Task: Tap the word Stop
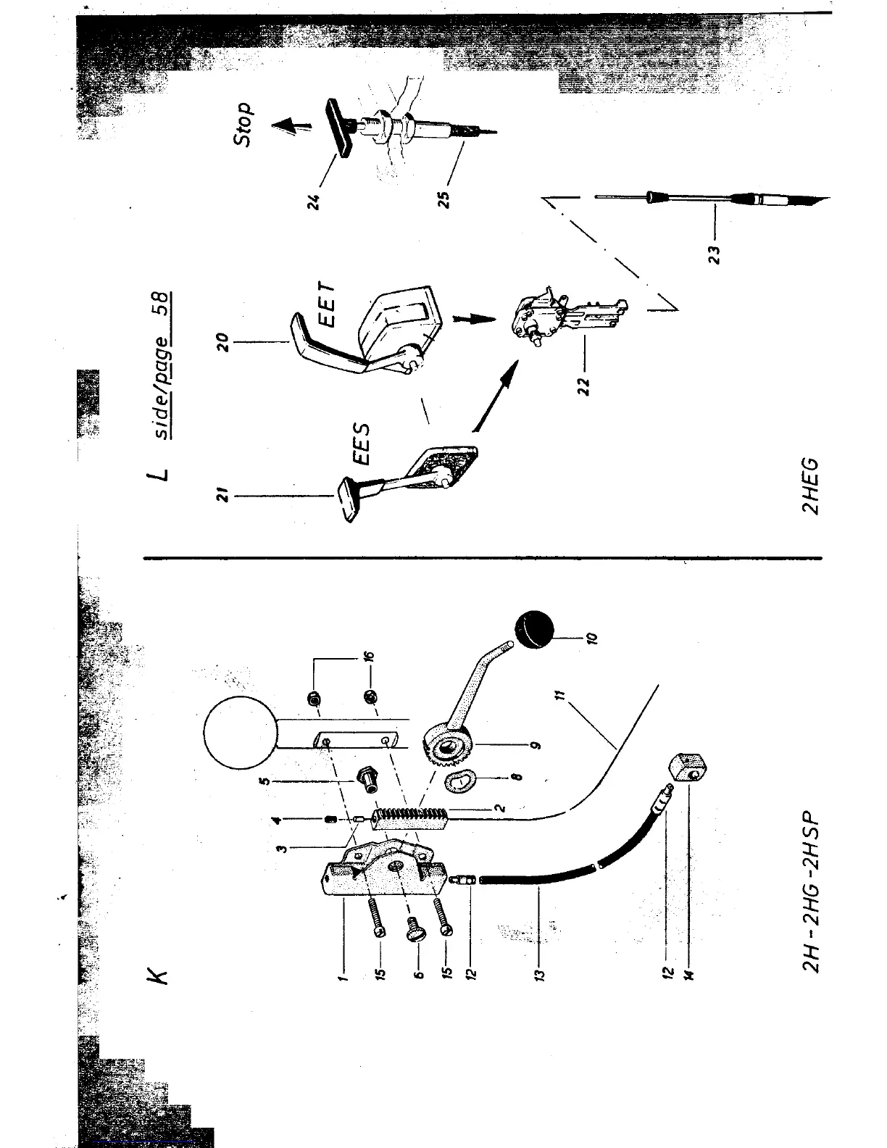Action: [244, 124]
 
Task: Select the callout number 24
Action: [313, 199]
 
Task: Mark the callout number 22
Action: [585, 383]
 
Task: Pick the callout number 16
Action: [369, 657]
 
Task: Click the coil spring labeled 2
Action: [412, 815]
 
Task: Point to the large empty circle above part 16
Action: [240, 733]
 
